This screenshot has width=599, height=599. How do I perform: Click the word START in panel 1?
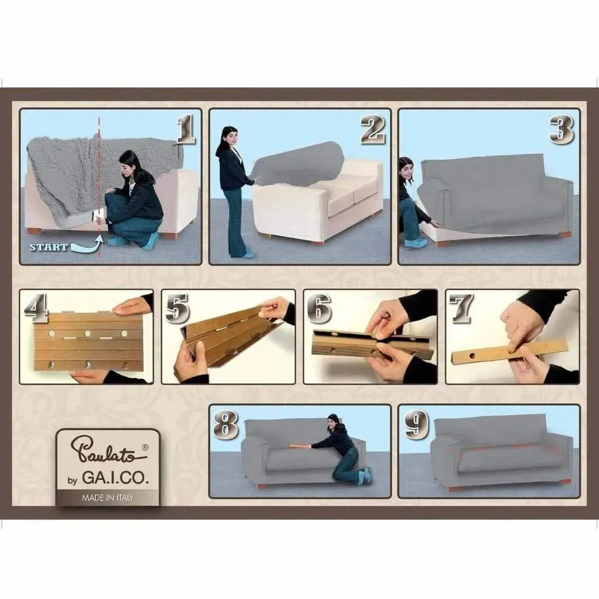pyautogui.click(x=49, y=247)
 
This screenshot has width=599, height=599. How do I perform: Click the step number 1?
pyautogui.click(x=186, y=130)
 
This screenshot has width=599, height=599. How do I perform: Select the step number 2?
pyautogui.click(x=373, y=130)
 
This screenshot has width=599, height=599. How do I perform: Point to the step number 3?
pyautogui.click(x=562, y=130)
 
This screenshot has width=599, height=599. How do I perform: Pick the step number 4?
pyautogui.click(x=36, y=307)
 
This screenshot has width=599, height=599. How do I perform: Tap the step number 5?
pyautogui.click(x=178, y=308)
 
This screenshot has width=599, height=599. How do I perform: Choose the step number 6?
pyautogui.click(x=319, y=308)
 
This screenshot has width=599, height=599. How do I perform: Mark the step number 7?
pyautogui.click(x=461, y=308)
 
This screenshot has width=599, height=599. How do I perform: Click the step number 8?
pyautogui.click(x=225, y=425)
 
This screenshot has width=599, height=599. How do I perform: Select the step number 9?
pyautogui.click(x=416, y=425)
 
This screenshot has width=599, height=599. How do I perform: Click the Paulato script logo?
pyautogui.click(x=108, y=449)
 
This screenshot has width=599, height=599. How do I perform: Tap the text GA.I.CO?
pyautogui.click(x=115, y=478)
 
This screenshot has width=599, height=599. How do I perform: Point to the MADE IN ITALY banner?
pyautogui.click(x=108, y=498)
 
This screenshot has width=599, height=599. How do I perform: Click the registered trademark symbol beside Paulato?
pyautogui.click(x=145, y=447)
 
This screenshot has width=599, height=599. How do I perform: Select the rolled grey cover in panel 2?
pyautogui.click(x=298, y=164)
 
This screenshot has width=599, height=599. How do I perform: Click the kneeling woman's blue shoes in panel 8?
pyautogui.click(x=364, y=476)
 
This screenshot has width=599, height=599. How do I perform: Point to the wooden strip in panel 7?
pyautogui.click(x=509, y=351)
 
